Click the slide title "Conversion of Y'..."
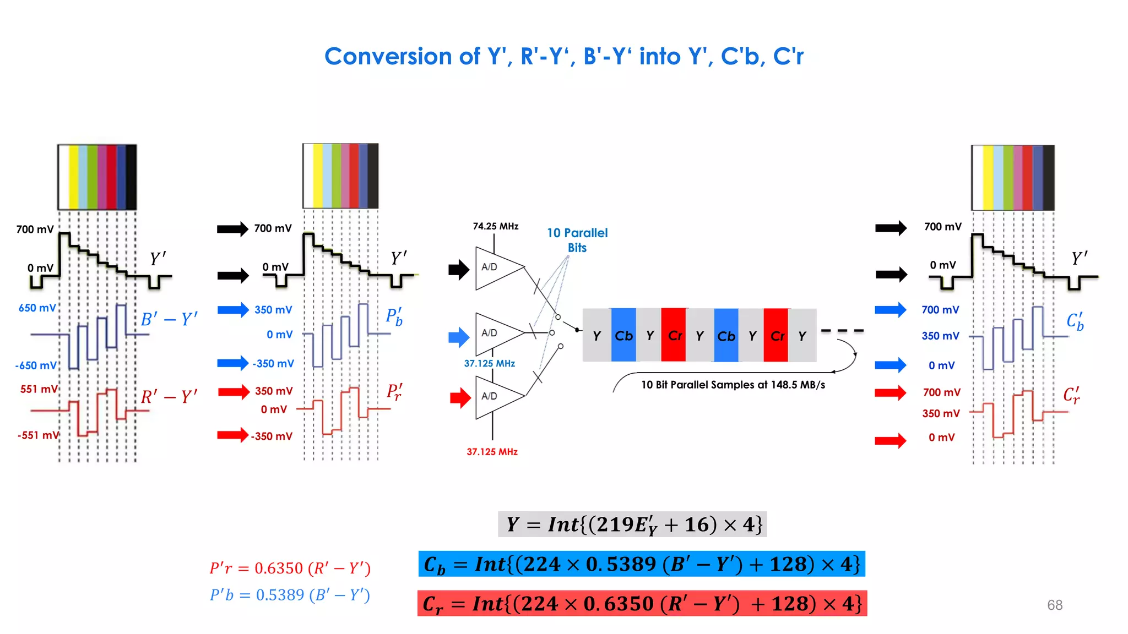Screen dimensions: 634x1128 pos(563,56)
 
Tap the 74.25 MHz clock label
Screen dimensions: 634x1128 pos(495,226)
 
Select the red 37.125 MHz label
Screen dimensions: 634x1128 pos(492,452)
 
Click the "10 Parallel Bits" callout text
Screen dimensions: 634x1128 pos(577,240)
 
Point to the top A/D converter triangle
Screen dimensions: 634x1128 pos(496,268)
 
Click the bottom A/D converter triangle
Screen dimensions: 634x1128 pos(496,396)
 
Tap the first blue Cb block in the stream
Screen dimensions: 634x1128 pos(623,335)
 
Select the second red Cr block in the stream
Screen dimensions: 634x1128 pos(776,335)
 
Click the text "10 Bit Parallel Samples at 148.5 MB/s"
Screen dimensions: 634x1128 pos(733,385)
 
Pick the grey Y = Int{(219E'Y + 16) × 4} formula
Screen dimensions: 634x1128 pos(632,524)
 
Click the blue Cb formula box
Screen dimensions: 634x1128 pos(642,564)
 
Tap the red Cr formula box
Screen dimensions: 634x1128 pos(642,604)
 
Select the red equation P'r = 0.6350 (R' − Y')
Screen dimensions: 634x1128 pos(290,568)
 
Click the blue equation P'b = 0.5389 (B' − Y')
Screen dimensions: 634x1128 pos(290,595)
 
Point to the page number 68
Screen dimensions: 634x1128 pos(1054,605)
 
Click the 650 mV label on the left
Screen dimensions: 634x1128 pos(37,308)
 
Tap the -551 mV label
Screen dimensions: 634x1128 pos(37,435)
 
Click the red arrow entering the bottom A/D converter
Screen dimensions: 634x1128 pos(460,397)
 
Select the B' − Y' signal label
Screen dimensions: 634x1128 pos(169,319)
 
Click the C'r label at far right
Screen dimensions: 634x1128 pos(1072,395)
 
